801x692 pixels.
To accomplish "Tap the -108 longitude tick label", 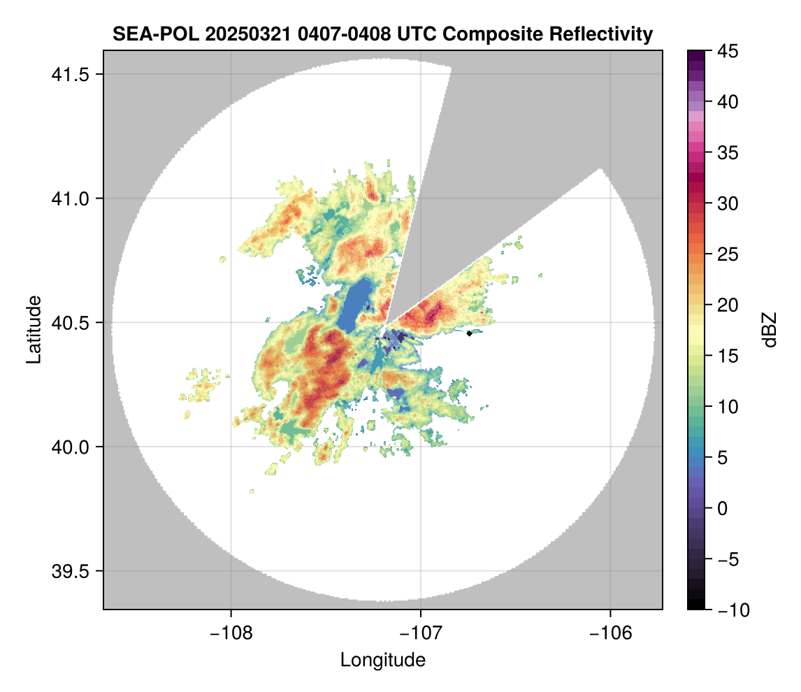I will pyautogui.click(x=230, y=633).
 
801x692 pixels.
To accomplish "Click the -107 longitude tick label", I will pyautogui.click(x=421, y=633).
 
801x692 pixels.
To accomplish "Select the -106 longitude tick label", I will pyautogui.click(x=611, y=633).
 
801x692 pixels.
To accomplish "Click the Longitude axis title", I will pyautogui.click(x=382, y=660).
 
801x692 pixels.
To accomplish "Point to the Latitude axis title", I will pyautogui.click(x=33, y=329).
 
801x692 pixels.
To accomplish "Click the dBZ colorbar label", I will pyautogui.click(x=770, y=329).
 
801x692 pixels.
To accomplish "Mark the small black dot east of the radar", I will pyautogui.click(x=470, y=333).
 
